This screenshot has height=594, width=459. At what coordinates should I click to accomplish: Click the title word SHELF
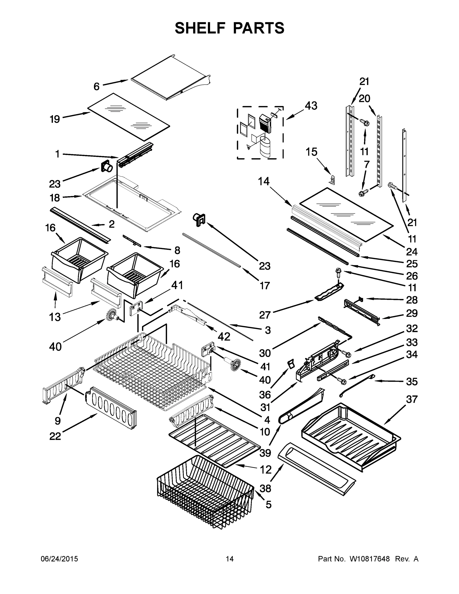200,28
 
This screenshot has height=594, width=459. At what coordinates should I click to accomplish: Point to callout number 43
311,106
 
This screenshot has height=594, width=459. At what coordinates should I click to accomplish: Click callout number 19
55,119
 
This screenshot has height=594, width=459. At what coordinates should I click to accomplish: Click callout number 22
55,436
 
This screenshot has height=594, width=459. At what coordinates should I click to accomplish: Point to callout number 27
265,315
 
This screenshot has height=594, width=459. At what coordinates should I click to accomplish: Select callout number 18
55,198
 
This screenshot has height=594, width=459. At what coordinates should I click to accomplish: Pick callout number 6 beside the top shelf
97,86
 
